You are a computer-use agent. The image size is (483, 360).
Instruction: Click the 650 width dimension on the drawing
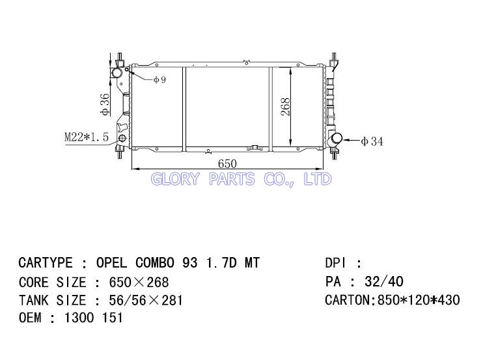[227, 163]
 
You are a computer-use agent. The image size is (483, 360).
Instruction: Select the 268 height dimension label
[286, 107]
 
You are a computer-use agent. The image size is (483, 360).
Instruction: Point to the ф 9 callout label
[160, 80]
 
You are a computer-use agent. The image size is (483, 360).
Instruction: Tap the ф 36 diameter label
[105, 104]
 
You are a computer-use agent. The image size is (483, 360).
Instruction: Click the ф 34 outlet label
[372, 141]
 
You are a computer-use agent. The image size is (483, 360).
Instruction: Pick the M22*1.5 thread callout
[87, 137]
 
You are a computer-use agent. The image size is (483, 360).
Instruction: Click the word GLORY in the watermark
[175, 179]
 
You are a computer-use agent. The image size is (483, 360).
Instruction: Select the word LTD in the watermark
[318, 179]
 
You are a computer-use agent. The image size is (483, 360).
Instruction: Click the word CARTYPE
[46, 263]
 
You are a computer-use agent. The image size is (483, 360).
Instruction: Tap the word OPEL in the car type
[111, 263]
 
